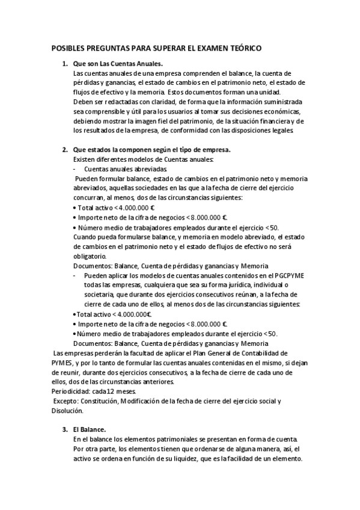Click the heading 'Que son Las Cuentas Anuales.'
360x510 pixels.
coord(118,64)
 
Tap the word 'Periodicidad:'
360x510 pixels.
coord(70,391)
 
